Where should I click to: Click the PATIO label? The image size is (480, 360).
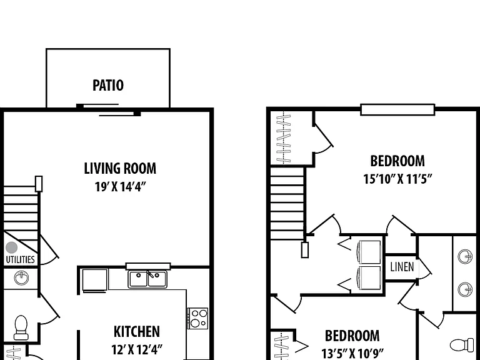point(108,86)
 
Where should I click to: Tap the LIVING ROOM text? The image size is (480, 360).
point(120,168)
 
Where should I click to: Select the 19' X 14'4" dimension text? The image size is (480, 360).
point(120,186)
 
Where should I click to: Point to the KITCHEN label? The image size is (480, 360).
point(136,331)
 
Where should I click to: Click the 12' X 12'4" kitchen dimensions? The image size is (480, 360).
point(136,349)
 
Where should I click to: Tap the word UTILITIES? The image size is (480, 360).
point(20,259)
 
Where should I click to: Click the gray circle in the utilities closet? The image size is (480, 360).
point(12,247)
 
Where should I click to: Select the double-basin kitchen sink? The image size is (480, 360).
point(147,279)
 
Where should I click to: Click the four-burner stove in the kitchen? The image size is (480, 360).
point(197,318)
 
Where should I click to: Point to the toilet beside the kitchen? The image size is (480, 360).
point(21,327)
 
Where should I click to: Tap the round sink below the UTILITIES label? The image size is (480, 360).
point(21,278)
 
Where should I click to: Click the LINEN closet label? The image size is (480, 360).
point(402,267)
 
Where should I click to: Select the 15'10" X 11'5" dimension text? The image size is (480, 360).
point(397,179)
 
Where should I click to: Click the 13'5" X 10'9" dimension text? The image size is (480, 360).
point(352,353)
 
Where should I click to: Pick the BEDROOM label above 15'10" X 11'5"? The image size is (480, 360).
point(397,161)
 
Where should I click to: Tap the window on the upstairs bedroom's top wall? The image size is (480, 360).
point(397,109)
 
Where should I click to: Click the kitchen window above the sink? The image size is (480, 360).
point(148,266)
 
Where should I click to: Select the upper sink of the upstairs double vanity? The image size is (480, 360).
point(465,256)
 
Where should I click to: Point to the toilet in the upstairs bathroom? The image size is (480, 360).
point(462,345)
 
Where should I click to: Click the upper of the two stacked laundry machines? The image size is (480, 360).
point(369,252)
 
